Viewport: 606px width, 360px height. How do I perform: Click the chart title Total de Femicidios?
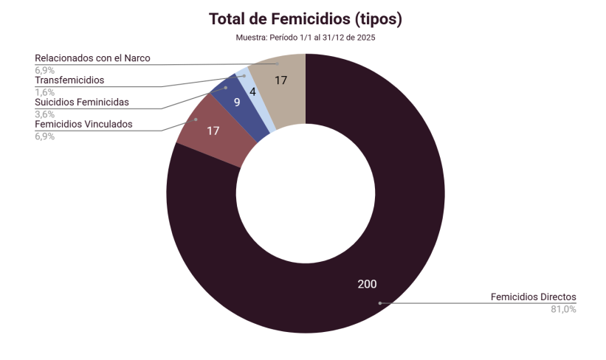(305, 18)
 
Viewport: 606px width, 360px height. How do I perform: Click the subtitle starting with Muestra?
(306, 38)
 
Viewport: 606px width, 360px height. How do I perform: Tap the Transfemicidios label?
(69, 80)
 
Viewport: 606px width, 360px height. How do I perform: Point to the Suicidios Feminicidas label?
(82, 102)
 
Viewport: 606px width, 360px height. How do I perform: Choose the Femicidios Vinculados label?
(83, 124)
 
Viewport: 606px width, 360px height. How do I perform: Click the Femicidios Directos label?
(533, 297)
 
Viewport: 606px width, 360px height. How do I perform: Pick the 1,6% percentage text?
(44, 92)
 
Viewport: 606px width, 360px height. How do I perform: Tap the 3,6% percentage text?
(44, 114)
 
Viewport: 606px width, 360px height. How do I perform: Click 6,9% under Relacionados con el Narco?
(44, 70)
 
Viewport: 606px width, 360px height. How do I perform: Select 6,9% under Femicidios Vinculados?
(44, 136)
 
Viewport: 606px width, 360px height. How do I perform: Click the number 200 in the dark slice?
(367, 284)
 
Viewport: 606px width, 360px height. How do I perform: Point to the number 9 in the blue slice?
(237, 103)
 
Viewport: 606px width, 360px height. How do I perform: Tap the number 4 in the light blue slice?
(252, 92)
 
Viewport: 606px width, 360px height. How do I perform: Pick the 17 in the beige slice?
(280, 80)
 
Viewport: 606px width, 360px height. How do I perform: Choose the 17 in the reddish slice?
(213, 131)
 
